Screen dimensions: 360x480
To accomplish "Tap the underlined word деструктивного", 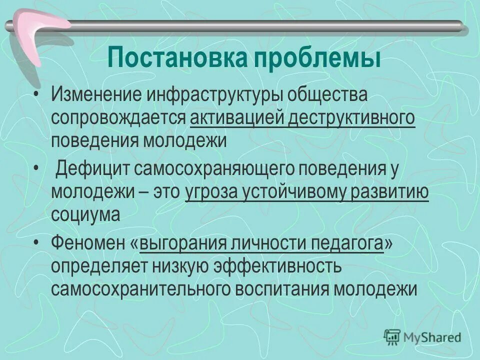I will (x=350, y=118).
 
